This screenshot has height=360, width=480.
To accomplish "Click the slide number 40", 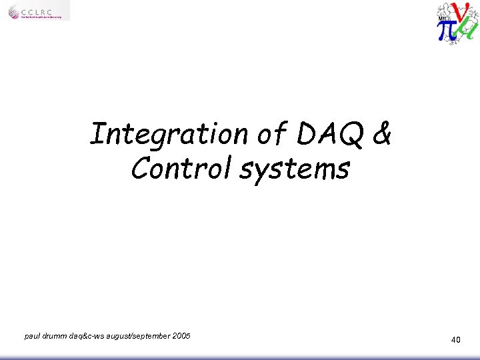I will click(455, 340).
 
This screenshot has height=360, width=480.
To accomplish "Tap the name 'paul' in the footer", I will click(32, 336).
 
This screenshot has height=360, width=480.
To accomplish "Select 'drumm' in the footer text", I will click(54, 336).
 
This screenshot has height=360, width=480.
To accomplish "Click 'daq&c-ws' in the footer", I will click(84, 336).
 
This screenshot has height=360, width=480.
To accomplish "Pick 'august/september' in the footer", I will click(135, 336).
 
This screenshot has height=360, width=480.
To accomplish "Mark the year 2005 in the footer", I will click(181, 336).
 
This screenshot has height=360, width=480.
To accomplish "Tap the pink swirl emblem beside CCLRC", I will click(15, 11).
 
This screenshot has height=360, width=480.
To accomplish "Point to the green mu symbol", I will click(469, 30).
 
